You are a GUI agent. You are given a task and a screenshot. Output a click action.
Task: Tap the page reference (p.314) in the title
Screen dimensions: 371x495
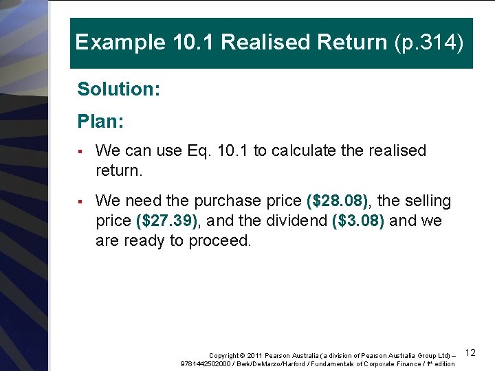click(430, 43)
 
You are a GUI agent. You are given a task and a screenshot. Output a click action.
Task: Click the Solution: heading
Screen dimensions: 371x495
click(118, 89)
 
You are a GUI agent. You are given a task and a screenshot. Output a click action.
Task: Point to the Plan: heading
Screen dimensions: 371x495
click(100, 122)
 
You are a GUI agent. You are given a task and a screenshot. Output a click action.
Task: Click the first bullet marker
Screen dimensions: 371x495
click(80, 151)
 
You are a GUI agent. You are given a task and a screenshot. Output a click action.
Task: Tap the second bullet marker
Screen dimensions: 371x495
click(80, 201)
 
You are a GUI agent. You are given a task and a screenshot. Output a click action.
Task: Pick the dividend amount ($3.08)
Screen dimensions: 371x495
click(357, 221)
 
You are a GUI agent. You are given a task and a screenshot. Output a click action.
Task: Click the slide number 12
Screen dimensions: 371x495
click(471, 352)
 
